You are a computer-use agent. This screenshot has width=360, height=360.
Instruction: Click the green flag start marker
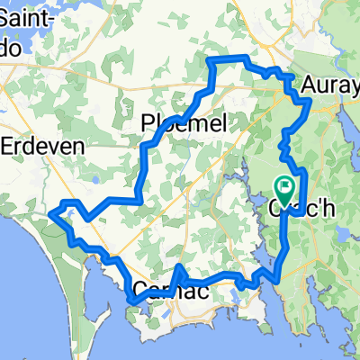click(286, 187)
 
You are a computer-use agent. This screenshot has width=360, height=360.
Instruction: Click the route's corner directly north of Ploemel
click(211, 60)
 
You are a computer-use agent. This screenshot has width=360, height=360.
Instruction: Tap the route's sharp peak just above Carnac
click(181, 267)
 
